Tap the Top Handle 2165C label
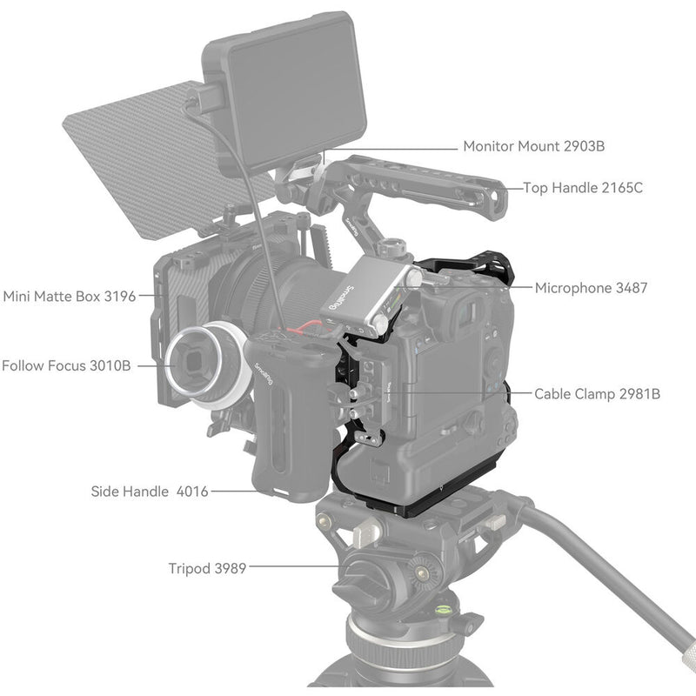582,187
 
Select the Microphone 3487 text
591,287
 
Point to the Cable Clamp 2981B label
597,394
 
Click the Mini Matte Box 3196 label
70,296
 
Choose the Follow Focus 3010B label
66,365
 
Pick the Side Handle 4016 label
150,492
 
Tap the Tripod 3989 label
207,568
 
